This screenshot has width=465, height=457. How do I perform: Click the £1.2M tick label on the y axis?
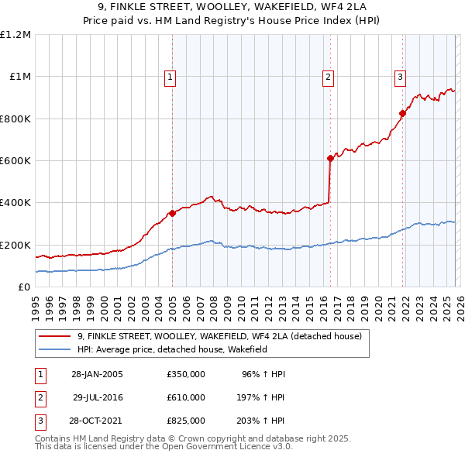coord(15,34)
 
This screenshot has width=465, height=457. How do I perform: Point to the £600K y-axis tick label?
coord(15,160)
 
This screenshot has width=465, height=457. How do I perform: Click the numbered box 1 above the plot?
coord(169,76)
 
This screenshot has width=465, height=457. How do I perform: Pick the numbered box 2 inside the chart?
coord(329,76)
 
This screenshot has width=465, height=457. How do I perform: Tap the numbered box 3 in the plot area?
coord(400,76)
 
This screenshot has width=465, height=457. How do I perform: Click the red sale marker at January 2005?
coord(172,214)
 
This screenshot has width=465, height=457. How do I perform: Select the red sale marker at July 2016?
coord(330,159)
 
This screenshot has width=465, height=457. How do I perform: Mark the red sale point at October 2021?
coord(402,114)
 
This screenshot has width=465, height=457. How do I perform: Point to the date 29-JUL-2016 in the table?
coord(98,397)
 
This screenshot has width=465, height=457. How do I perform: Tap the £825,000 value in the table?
coord(186,421)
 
